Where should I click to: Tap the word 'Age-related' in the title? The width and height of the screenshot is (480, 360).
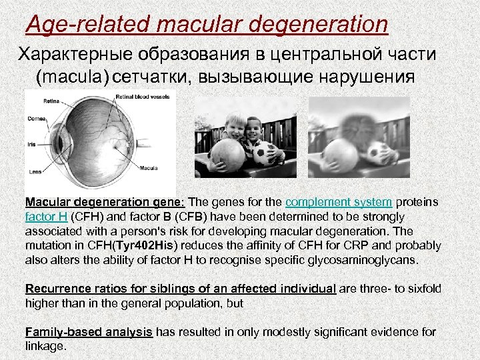pyautogui.click(x=83, y=25)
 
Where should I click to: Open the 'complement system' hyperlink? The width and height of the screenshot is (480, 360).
pyautogui.click(x=339, y=203)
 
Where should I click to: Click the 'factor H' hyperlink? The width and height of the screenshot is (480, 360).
pyautogui.click(x=46, y=217)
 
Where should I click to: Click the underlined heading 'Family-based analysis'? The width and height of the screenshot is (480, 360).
pyautogui.click(x=89, y=332)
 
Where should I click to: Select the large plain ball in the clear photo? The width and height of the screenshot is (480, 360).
pyautogui.click(x=227, y=156)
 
